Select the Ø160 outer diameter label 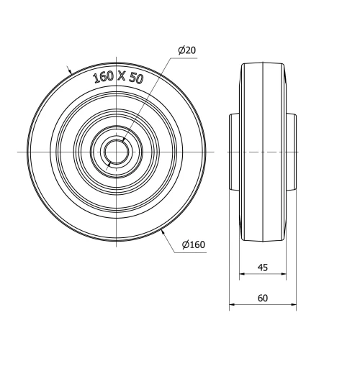pos(194,245)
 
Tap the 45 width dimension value pos(262,267)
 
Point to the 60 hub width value pos(262,298)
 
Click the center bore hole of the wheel pos(116,152)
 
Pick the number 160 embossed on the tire pos(103,78)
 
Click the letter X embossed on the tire pos(122,77)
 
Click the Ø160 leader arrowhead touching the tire pos(165,231)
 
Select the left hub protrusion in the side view pos(234,152)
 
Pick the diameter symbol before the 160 pos(186,245)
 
